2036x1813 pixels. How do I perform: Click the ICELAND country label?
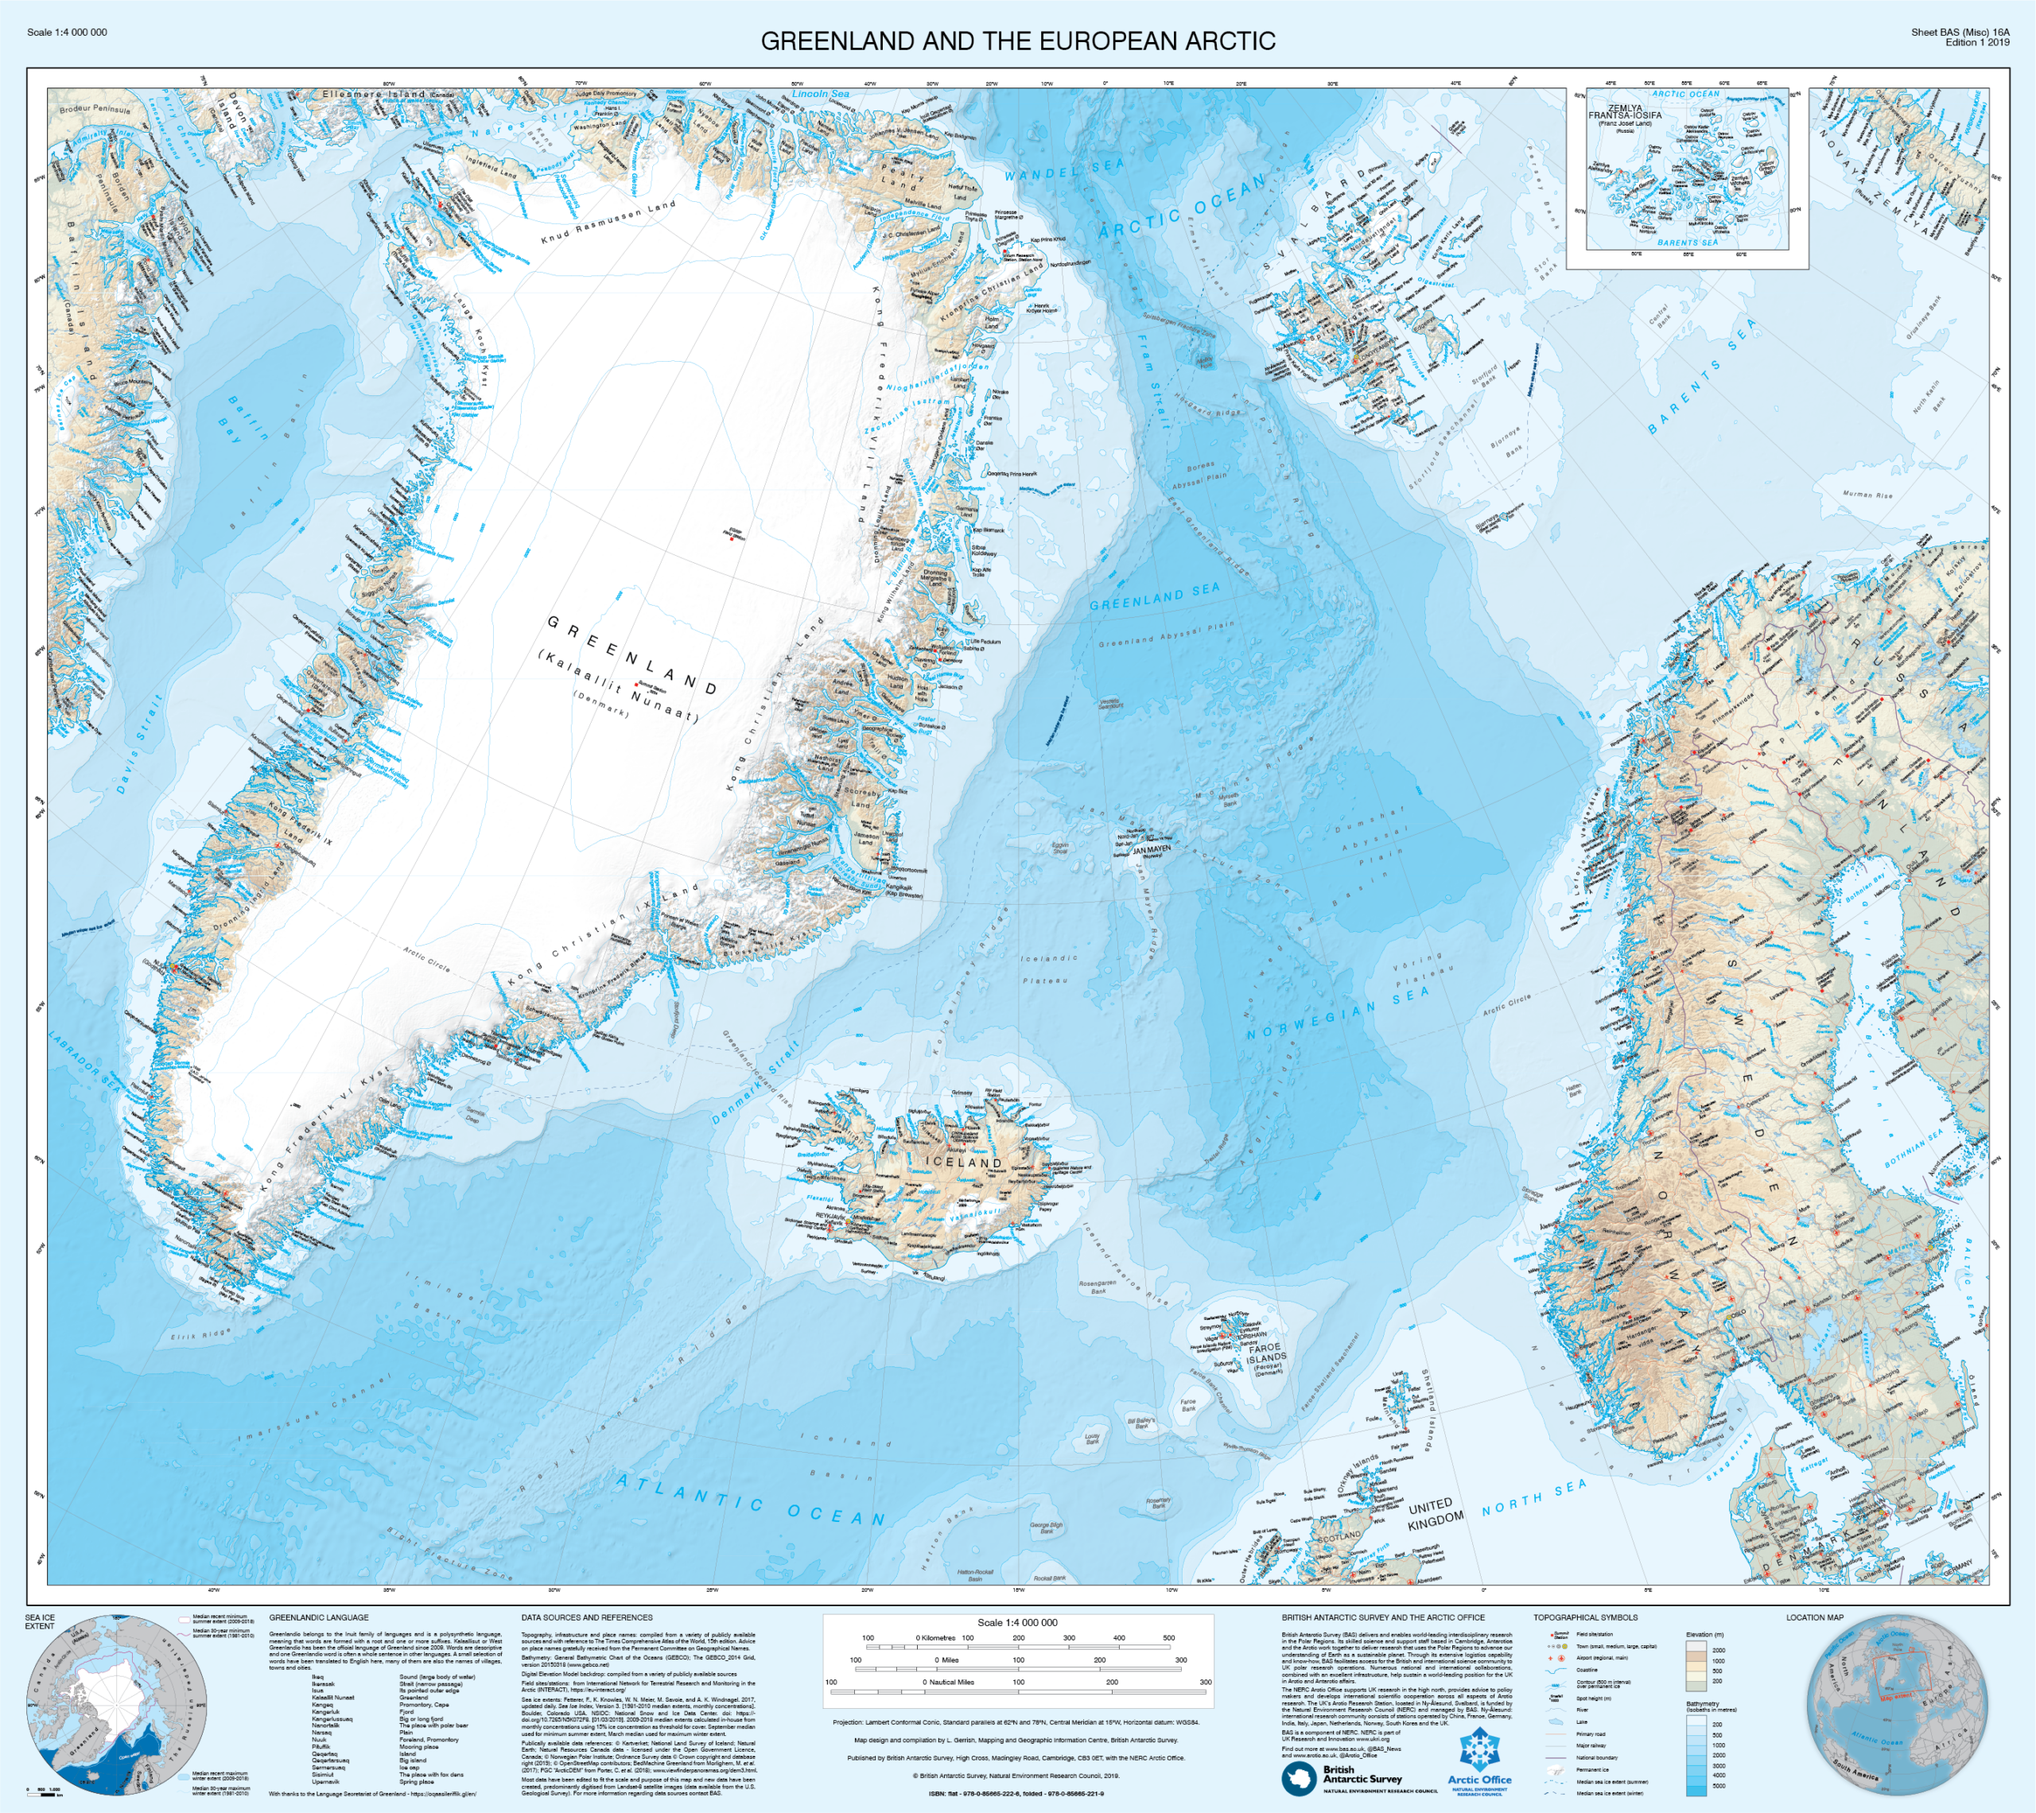(963, 1163)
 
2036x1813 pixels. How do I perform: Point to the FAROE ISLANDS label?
(1267, 1353)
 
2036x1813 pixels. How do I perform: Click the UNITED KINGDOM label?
(1436, 1513)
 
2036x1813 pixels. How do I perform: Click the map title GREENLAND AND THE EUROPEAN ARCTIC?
(1017, 41)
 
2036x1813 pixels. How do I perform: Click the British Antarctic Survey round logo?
(1299, 1777)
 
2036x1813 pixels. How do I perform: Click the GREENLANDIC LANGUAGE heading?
(318, 1617)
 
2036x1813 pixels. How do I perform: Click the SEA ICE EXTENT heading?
(40, 1621)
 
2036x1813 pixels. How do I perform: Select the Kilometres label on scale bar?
(938, 1638)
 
